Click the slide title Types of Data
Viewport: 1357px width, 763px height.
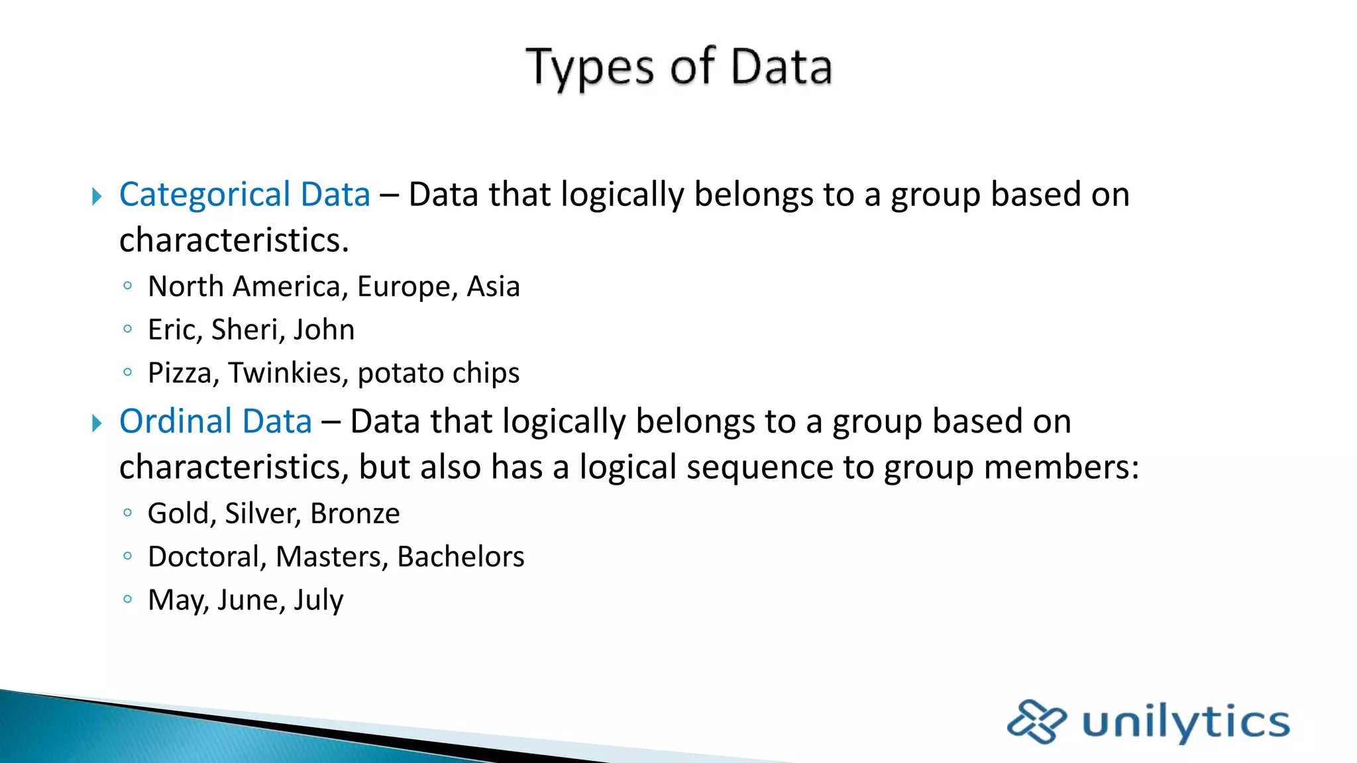pyautogui.click(x=678, y=68)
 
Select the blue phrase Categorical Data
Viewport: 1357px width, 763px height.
pyautogui.click(x=244, y=195)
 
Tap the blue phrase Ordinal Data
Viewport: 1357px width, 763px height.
pyautogui.click(x=215, y=422)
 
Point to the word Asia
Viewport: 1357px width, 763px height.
pyautogui.click(x=493, y=287)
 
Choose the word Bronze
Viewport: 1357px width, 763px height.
pyautogui.click(x=355, y=514)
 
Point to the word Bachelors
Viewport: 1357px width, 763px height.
pyautogui.click(x=461, y=557)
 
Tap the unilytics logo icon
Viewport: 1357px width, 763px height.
pyautogui.click(x=1036, y=721)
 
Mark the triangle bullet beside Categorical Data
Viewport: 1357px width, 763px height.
pyautogui.click(x=97, y=196)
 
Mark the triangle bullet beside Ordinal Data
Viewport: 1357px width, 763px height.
pyautogui.click(x=97, y=423)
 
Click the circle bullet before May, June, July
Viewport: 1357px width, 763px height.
pyautogui.click(x=128, y=599)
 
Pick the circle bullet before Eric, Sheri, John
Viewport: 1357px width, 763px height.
pyautogui.click(x=128, y=329)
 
